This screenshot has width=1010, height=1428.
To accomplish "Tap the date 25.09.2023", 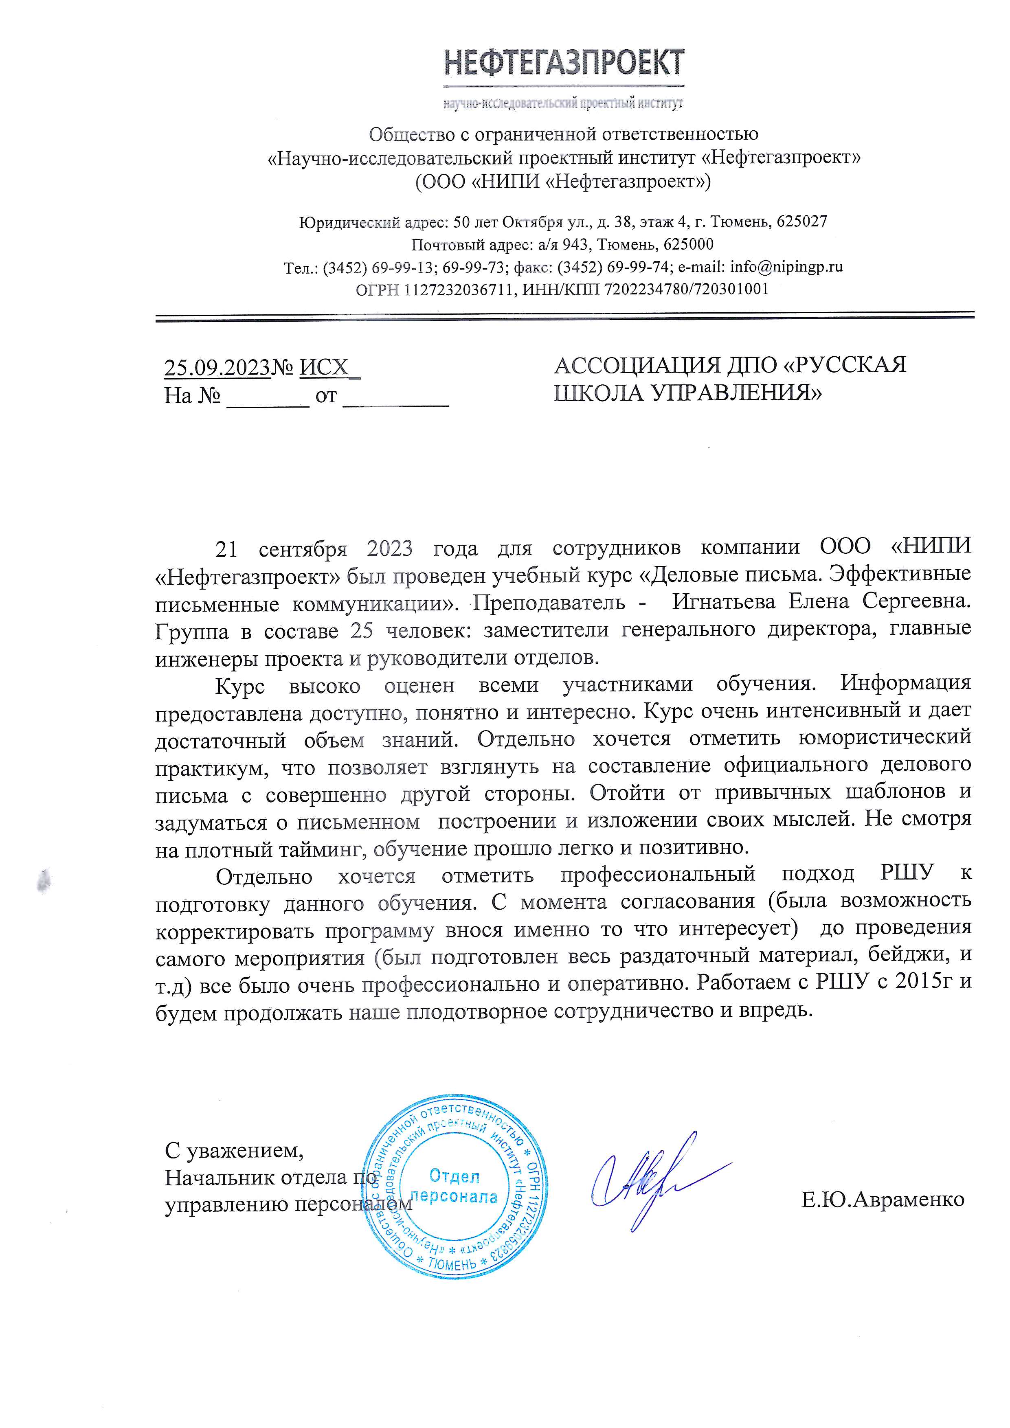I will [x=217, y=368].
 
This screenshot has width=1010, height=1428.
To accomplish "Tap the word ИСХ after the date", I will [x=324, y=368].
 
